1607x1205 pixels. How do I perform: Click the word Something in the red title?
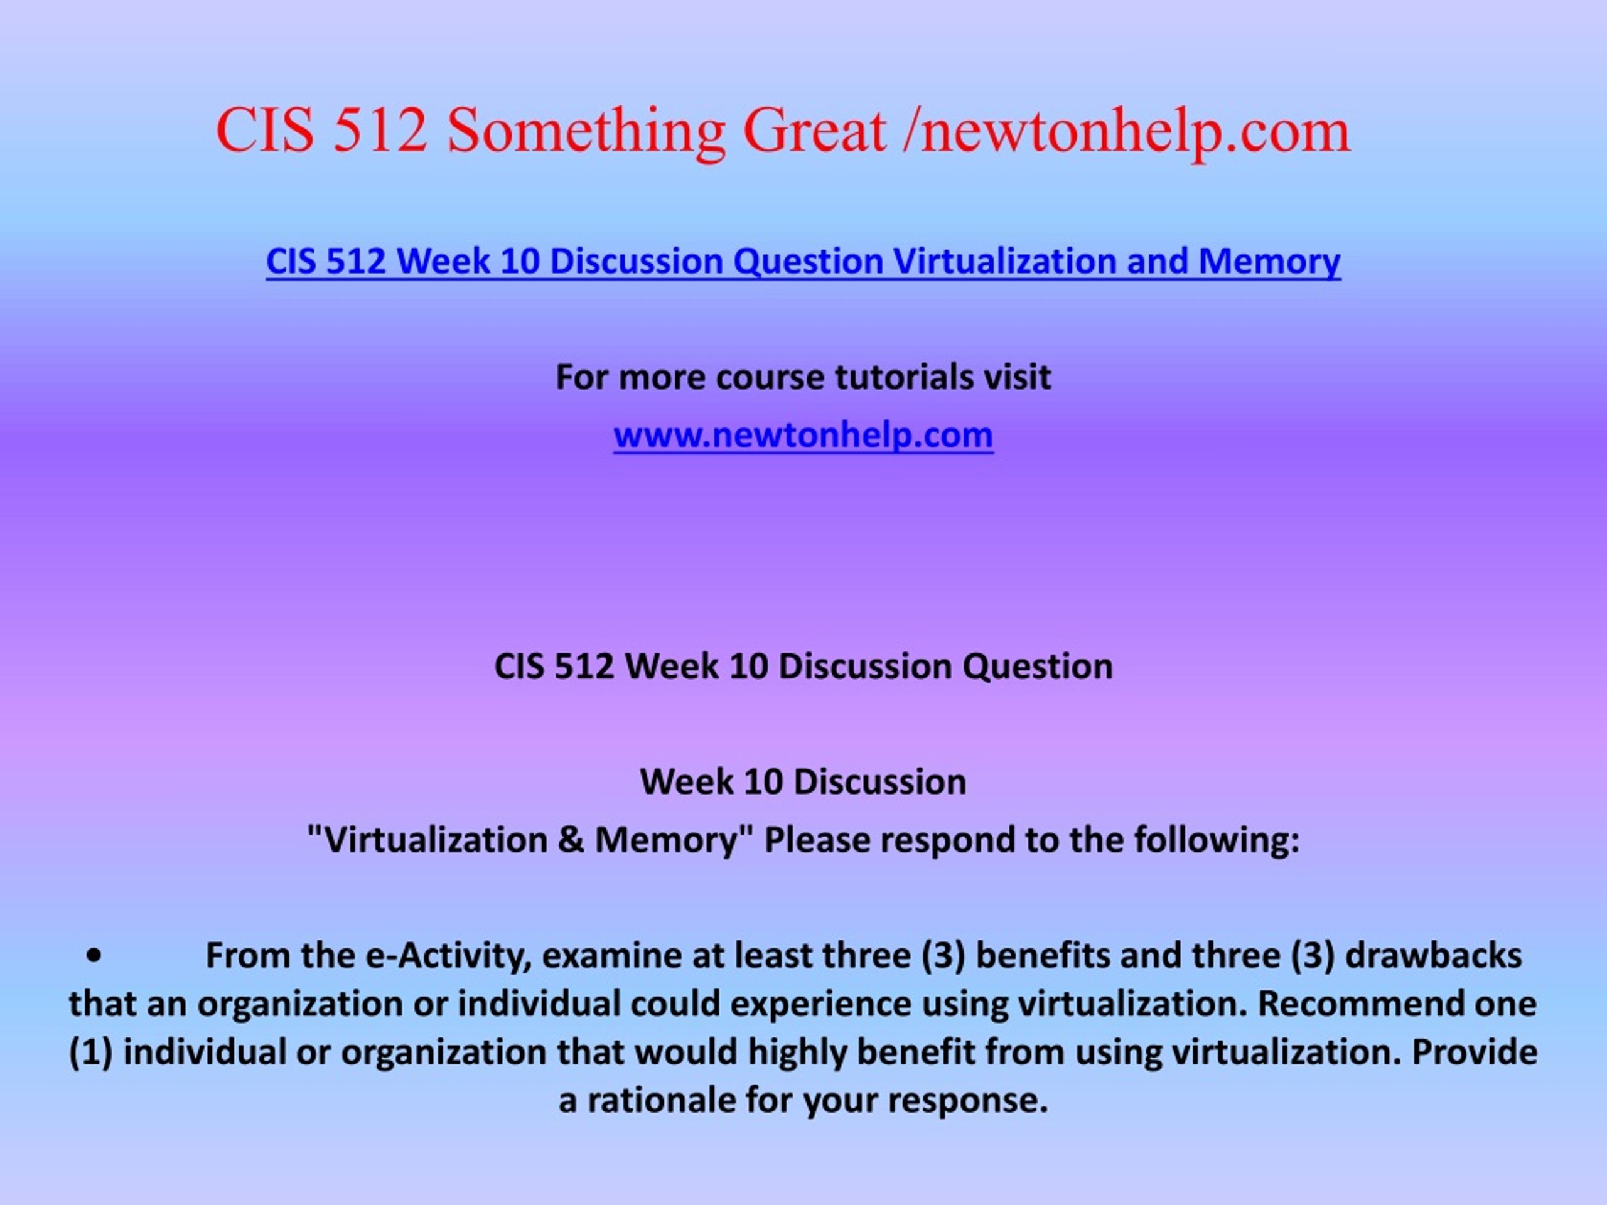pyautogui.click(x=586, y=133)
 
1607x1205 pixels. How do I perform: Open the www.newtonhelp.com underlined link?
pyautogui.click(x=803, y=436)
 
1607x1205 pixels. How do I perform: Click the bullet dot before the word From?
pyautogui.click(x=92, y=956)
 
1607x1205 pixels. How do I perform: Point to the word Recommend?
pyautogui.click(x=1349, y=1004)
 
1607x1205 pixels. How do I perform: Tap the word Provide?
pyautogui.click(x=1474, y=1052)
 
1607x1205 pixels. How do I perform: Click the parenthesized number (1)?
pyautogui.click(x=91, y=1053)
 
